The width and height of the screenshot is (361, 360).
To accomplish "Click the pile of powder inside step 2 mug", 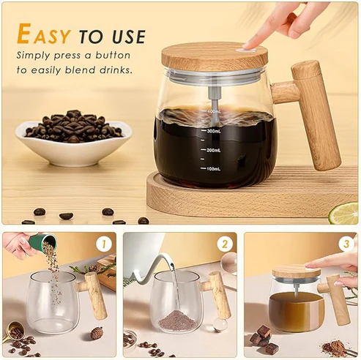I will (176, 320).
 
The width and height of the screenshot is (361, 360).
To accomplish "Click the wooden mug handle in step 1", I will (94, 295).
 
